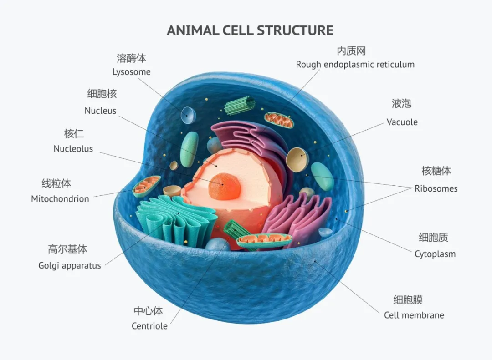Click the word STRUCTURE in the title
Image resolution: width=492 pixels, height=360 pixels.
[295, 30]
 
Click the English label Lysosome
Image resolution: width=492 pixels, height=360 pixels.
[132, 72]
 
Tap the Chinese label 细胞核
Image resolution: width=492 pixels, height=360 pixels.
[102, 93]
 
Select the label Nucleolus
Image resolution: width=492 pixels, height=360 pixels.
[73, 149]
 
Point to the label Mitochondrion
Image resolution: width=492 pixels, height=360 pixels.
[60, 199]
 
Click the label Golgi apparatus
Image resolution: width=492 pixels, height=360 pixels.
[70, 266]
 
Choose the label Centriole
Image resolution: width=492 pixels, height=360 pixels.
[149, 326]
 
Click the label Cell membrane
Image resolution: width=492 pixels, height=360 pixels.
[414, 315]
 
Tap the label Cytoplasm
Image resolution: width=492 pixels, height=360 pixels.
[435, 254]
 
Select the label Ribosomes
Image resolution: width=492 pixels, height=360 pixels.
[436, 188]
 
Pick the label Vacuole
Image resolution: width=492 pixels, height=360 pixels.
[402, 122]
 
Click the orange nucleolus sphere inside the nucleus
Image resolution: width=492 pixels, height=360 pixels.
[224, 187]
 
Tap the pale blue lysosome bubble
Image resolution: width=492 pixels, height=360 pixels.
[188, 115]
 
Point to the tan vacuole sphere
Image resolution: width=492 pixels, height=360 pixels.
[297, 160]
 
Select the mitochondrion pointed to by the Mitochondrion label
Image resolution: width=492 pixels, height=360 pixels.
[146, 186]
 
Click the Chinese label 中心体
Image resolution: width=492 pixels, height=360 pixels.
[148, 311]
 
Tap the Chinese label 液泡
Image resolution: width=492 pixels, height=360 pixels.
[401, 103]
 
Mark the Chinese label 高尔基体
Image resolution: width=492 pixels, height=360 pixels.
[67, 249]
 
